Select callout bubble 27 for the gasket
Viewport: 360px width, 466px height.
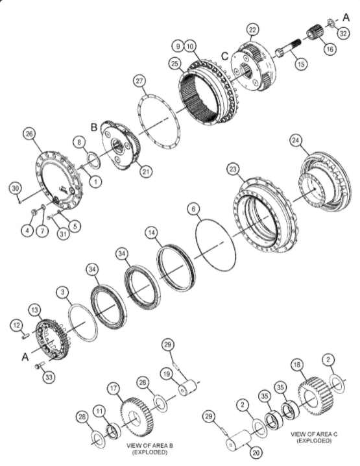[x=138, y=82]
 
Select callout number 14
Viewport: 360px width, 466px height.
[x=151, y=231]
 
